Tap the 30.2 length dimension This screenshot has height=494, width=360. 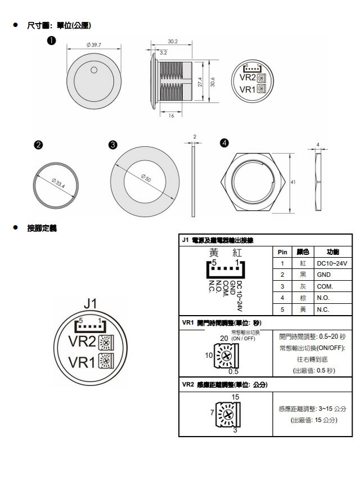173,42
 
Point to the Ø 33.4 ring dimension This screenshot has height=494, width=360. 58,183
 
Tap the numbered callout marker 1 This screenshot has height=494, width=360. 51,41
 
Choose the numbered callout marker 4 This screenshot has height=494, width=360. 224,143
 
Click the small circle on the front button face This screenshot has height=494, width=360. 94,71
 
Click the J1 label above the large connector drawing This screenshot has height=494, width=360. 90,304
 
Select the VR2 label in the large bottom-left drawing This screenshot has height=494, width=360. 82,342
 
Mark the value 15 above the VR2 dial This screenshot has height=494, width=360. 235,397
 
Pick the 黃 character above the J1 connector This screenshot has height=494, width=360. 214,253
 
